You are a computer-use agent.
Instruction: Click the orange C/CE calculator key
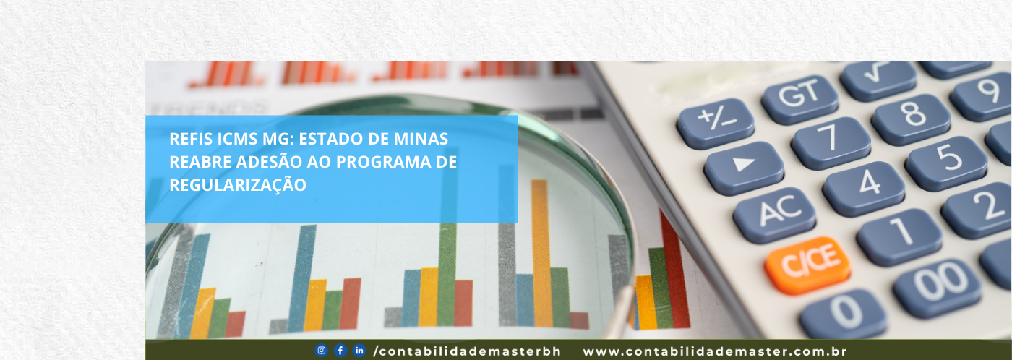coord(807,265)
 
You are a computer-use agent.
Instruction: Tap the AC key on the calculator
coord(774,215)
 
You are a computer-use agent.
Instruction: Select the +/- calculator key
coord(715,124)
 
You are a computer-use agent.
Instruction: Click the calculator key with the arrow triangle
coord(744,168)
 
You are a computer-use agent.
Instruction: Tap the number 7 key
coord(831,143)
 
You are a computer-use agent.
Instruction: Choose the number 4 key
coord(863,189)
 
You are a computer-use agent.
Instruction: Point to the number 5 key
coord(946,163)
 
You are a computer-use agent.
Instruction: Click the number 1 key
coord(899,237)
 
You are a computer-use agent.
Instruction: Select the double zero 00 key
coord(937,288)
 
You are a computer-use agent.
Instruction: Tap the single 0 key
coord(843,315)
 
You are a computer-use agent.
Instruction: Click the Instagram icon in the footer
coord(321,351)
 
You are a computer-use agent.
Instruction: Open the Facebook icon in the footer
coord(340,351)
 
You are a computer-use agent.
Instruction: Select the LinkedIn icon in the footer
coord(359,351)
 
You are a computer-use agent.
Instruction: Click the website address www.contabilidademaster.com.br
coord(715,351)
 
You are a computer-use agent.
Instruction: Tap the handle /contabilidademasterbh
coord(467,351)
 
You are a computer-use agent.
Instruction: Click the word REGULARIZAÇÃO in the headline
coord(238,185)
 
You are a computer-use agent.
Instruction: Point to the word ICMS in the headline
coord(238,139)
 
